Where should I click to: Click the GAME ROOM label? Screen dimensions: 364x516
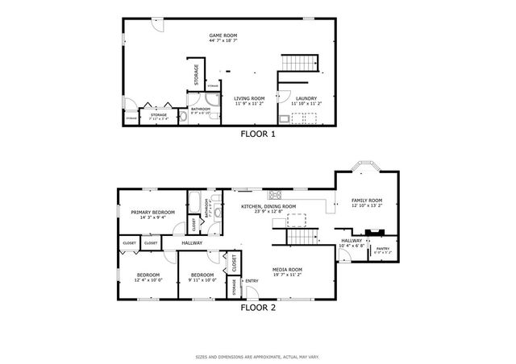click(223, 35)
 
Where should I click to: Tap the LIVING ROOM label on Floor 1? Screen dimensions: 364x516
click(250, 98)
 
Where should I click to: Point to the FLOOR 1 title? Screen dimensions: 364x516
click(258, 134)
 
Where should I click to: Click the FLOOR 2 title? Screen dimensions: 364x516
click(258, 306)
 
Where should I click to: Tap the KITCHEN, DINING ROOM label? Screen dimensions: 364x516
click(268, 206)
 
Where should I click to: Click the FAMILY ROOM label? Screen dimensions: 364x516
click(366, 201)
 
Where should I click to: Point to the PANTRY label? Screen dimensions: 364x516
click(382, 249)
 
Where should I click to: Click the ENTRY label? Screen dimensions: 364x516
click(252, 281)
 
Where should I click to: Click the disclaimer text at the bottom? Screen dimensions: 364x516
click(258, 355)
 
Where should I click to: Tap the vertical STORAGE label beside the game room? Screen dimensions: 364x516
click(197, 74)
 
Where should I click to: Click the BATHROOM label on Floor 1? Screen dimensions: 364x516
click(201, 109)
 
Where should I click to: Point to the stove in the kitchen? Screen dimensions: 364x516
click(275, 194)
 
